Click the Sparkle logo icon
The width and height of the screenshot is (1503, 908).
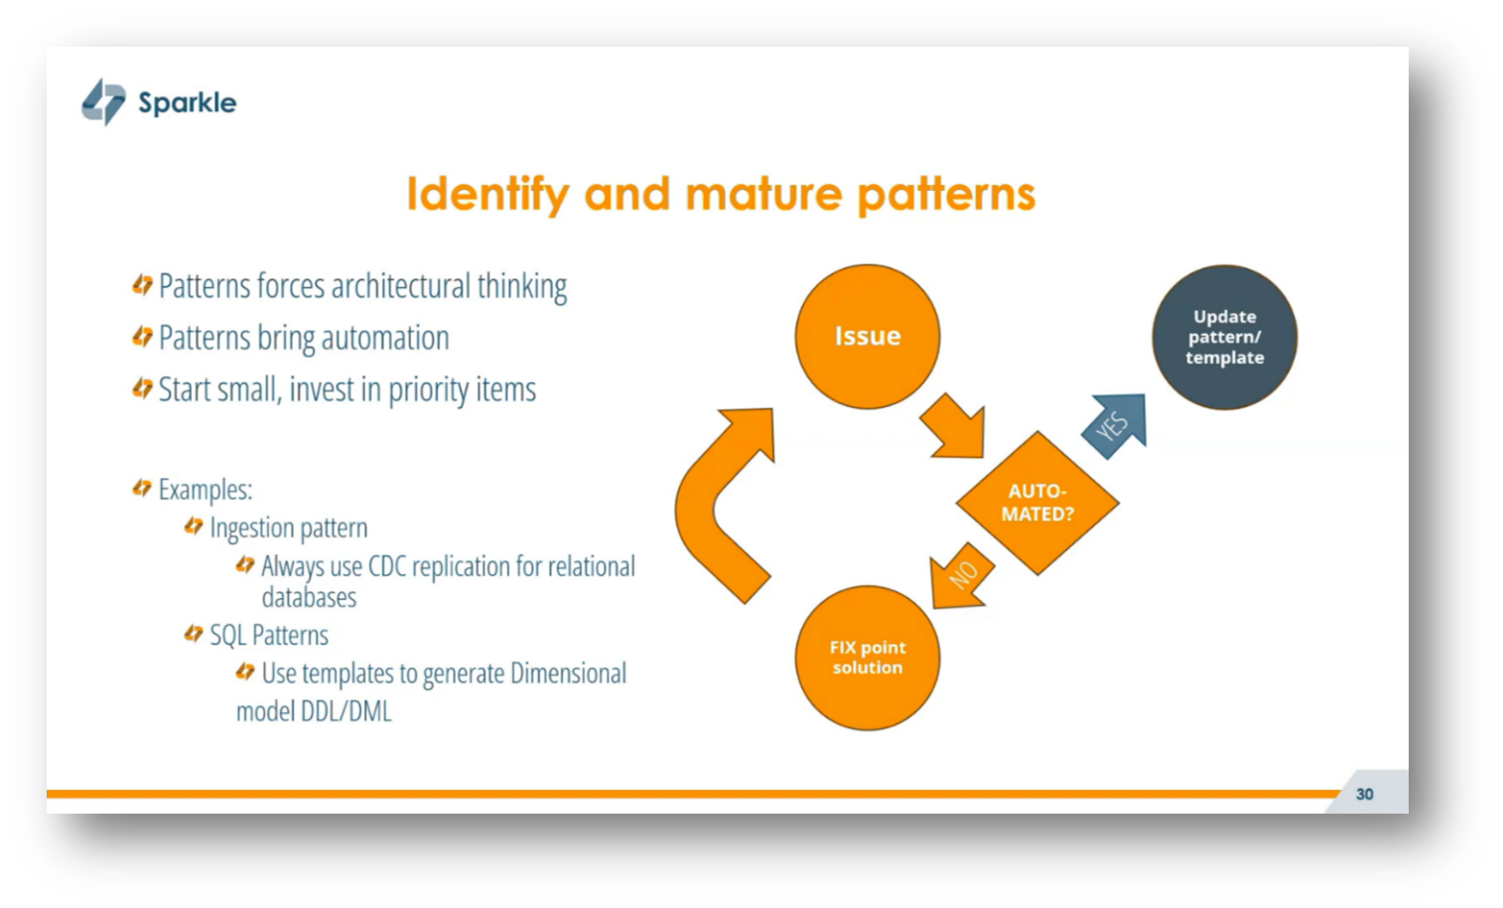(x=103, y=101)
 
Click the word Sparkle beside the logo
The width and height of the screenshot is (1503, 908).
(x=187, y=102)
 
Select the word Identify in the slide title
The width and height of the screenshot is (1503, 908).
(x=487, y=194)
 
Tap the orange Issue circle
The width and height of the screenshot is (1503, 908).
(x=867, y=336)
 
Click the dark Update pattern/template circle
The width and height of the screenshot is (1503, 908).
(x=1224, y=337)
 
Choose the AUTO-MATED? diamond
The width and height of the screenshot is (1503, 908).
(x=1037, y=503)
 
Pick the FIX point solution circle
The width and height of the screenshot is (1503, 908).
(x=868, y=658)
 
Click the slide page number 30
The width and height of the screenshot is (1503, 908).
(x=1365, y=794)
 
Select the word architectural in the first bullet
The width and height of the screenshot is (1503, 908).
(x=400, y=286)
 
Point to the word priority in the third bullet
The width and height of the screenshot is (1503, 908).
(x=428, y=389)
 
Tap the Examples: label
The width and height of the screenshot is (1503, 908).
(x=205, y=490)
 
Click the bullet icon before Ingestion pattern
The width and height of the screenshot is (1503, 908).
(x=194, y=526)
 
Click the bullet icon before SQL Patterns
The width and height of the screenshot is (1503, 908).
(x=194, y=633)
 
